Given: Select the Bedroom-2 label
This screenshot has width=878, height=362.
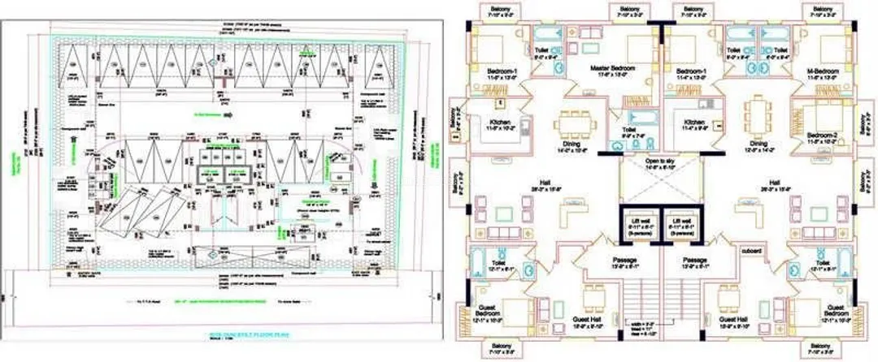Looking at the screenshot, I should (x=823, y=137).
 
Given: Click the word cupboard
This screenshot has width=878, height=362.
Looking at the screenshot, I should (x=750, y=250).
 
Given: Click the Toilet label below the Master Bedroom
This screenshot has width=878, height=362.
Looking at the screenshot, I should (x=628, y=132).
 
